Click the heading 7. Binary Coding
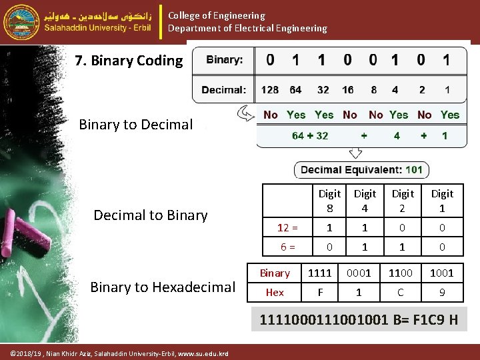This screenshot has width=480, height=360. click(129, 61)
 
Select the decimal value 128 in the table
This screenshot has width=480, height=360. click(270, 90)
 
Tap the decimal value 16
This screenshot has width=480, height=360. click(348, 90)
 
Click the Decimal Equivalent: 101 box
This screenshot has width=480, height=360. click(361, 170)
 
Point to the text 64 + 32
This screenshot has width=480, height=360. click(310, 135)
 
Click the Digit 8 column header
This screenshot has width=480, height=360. click(329, 201)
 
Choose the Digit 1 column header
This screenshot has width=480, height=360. click(441, 201)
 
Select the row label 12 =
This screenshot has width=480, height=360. click(287, 228)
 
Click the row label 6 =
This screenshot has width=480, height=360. click(287, 247)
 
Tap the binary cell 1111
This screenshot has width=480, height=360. click(319, 273)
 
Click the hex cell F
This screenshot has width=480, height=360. click(319, 292)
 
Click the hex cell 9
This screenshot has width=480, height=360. click(441, 292)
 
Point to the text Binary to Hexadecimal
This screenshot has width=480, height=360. click(163, 287)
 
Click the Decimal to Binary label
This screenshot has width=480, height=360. click(151, 215)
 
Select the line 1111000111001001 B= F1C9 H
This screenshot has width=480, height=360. click(359, 320)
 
